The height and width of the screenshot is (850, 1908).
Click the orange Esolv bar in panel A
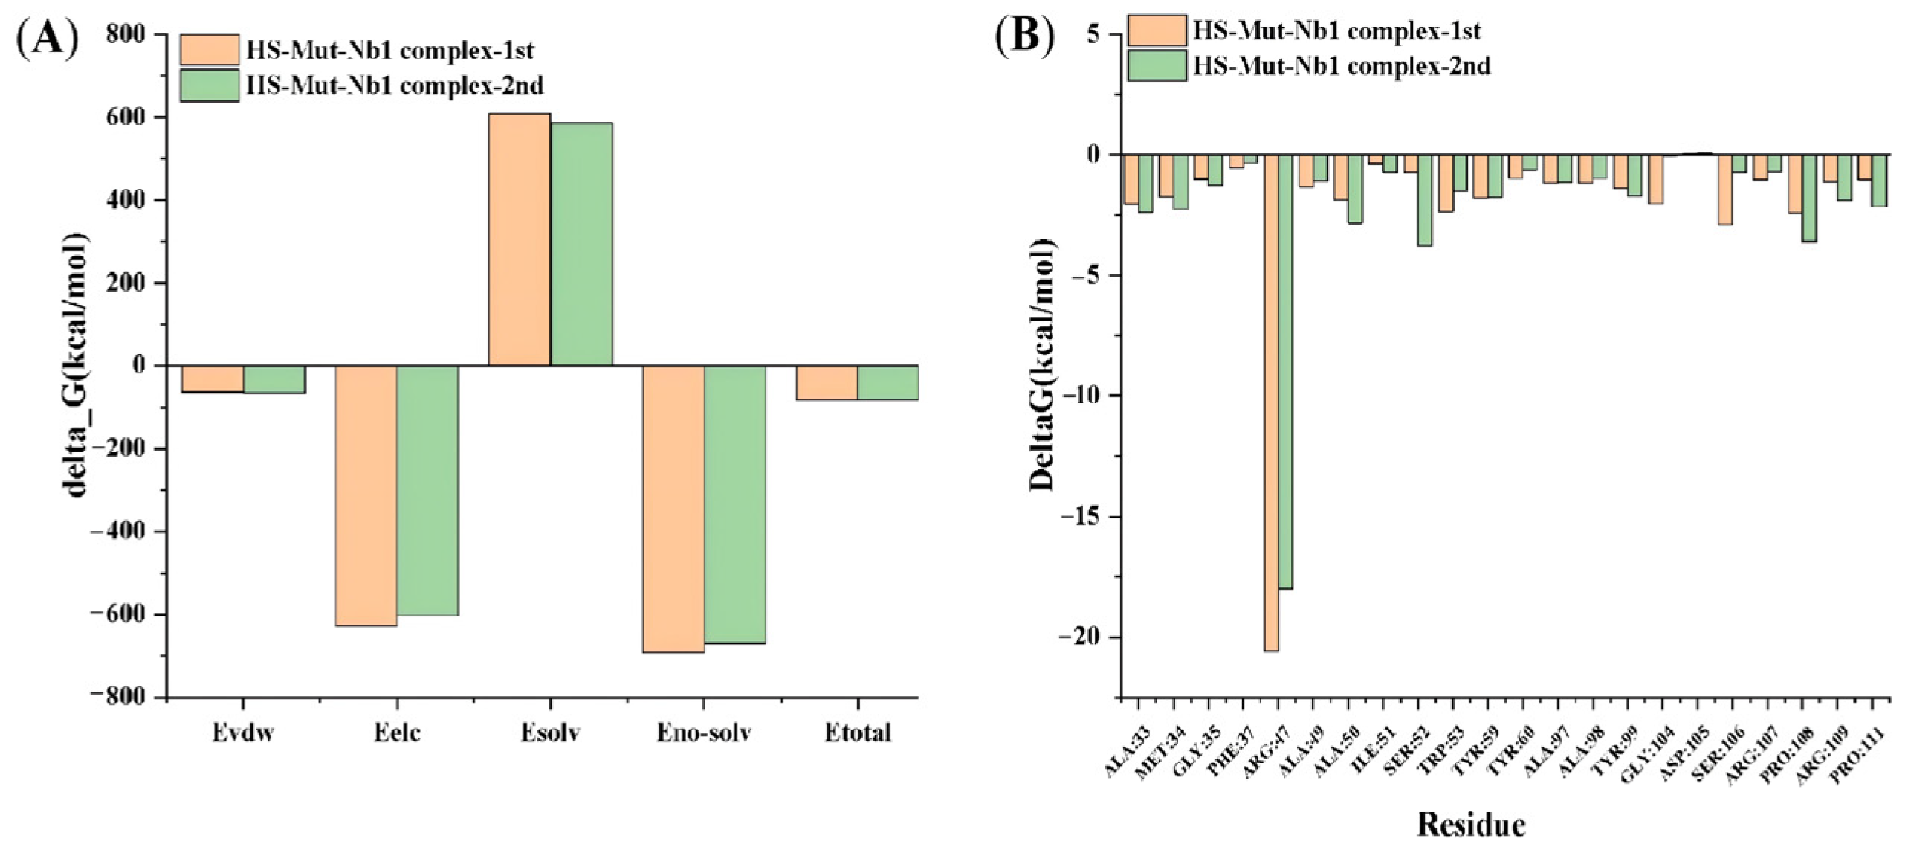point(519,239)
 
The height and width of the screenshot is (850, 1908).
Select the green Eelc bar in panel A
point(427,491)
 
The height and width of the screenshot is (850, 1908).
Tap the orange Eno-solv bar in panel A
point(673,509)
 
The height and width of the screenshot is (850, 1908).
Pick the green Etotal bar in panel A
point(888,383)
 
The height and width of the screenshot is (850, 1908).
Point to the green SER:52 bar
point(1425,200)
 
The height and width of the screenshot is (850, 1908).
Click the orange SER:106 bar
point(1725,190)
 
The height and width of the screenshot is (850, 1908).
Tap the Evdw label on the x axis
point(243,733)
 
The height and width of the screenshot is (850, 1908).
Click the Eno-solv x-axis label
point(704,733)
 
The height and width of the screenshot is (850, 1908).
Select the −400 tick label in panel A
point(120,532)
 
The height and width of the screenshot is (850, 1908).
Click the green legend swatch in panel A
point(210,86)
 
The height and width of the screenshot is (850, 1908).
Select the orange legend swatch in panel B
point(1157,30)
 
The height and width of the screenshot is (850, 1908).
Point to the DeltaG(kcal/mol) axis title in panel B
point(1042,364)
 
